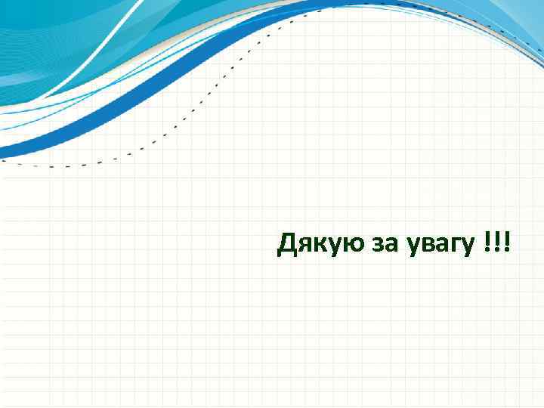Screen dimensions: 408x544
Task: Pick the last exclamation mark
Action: tap(505, 243)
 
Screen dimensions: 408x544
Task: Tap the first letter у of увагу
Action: tap(413, 248)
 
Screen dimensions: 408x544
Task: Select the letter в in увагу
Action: tap(428, 246)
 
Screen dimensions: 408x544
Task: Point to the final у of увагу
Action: tap(468, 248)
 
